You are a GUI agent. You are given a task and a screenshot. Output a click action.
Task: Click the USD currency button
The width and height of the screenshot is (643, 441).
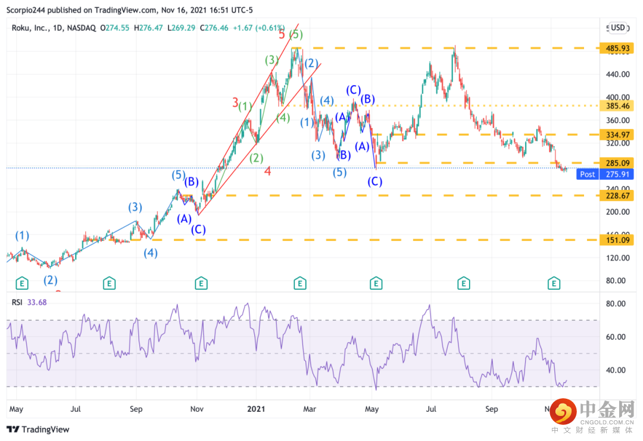click(617, 27)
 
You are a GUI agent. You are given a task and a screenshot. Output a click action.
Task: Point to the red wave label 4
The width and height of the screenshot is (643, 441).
click(267, 171)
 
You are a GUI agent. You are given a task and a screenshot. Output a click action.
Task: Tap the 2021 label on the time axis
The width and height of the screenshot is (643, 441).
click(256, 409)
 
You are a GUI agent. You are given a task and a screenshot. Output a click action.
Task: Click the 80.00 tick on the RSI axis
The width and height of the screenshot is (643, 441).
click(615, 304)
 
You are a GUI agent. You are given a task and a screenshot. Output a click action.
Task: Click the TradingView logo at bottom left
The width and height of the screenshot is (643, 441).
click(38, 429)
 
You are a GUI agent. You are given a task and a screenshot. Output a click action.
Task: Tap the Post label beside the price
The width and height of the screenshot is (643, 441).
click(587, 174)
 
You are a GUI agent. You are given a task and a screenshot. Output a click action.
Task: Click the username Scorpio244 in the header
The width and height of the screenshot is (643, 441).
click(27, 10)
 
